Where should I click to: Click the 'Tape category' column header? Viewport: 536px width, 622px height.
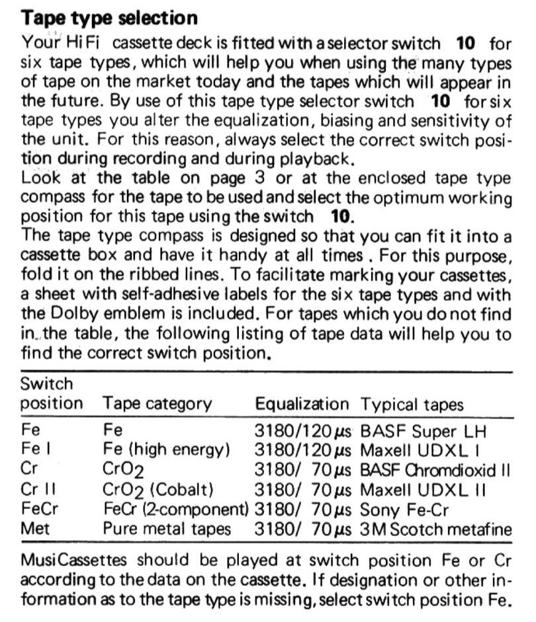pos(157,404)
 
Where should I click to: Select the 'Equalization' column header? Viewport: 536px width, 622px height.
pos(301,404)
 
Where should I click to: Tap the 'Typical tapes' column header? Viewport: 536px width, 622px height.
pos(412,404)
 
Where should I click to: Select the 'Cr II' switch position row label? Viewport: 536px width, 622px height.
pos(37,490)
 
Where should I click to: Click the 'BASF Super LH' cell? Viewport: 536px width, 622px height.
pos(423,432)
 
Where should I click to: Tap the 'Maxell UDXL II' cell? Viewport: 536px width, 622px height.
pos(424,490)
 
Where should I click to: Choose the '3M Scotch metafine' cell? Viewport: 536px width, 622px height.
pos(436,529)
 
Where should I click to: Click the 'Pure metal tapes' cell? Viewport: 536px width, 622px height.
pos(167,529)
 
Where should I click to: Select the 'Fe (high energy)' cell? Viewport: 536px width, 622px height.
pos(167,451)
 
